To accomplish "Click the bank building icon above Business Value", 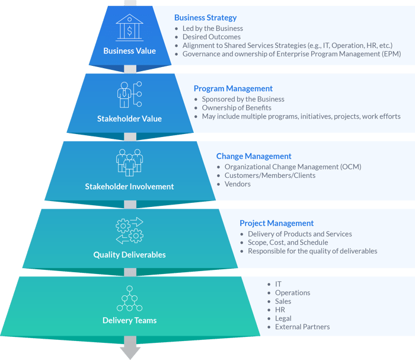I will click(x=129, y=27).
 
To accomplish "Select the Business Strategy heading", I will click(x=205, y=18).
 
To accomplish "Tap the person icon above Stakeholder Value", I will click(x=129, y=94).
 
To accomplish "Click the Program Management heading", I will click(x=233, y=88).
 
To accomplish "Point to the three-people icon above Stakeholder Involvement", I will click(x=129, y=162).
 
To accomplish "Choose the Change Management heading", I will click(x=254, y=156).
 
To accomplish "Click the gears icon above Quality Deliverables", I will click(x=129, y=231).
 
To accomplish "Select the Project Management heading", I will click(x=276, y=224).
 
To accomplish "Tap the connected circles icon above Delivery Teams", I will click(x=129, y=298).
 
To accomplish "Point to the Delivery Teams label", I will click(x=129, y=321).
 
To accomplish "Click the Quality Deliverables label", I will click(x=129, y=254).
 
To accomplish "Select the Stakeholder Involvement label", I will click(x=129, y=186).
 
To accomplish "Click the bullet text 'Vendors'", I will click(x=237, y=184).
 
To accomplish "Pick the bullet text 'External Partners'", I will click(x=302, y=327).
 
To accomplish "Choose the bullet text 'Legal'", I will click(x=283, y=318).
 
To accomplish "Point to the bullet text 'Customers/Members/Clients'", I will click(x=270, y=176).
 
